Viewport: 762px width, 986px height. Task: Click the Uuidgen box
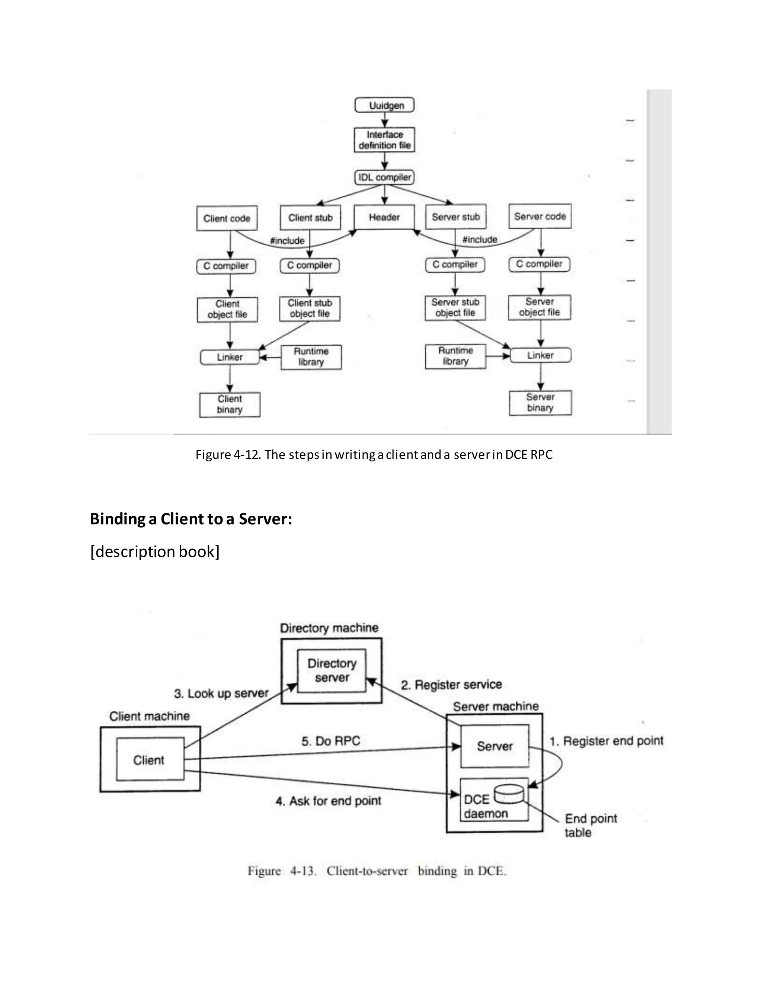point(384,105)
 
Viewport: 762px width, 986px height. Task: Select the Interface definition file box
point(384,140)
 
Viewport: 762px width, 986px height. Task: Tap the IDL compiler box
point(384,177)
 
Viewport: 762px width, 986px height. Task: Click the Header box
point(384,217)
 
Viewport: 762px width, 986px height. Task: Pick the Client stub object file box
point(310,308)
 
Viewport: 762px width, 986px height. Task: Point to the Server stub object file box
point(455,307)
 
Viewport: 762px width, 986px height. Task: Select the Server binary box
point(540,403)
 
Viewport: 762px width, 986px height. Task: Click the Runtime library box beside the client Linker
point(311,357)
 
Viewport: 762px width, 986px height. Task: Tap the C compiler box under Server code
point(540,264)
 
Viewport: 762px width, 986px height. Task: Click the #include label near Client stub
point(287,241)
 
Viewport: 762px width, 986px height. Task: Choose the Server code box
point(540,216)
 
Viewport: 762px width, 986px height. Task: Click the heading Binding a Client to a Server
point(191,519)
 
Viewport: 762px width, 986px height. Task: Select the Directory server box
point(332,670)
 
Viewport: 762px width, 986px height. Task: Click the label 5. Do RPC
point(331,741)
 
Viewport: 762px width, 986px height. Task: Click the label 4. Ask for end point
point(328,801)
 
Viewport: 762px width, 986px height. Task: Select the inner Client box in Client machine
point(150,760)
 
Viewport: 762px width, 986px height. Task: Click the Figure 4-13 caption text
point(377,871)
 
